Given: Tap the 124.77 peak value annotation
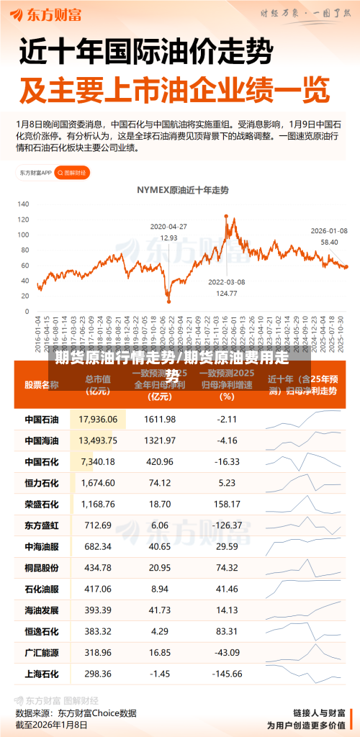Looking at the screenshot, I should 227,293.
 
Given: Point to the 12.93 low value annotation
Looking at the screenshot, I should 168,238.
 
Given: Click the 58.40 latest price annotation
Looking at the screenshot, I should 329,242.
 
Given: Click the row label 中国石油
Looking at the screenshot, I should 42,419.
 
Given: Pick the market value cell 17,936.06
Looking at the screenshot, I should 98,419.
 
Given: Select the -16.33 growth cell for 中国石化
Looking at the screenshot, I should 228,461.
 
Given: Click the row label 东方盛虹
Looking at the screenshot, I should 42,525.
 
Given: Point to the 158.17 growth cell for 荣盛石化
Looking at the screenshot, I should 228,504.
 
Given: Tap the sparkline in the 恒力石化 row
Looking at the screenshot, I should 302,482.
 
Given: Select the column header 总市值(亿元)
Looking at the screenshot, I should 98,385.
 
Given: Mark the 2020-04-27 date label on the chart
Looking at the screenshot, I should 168,226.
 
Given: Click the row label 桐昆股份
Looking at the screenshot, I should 42,568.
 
